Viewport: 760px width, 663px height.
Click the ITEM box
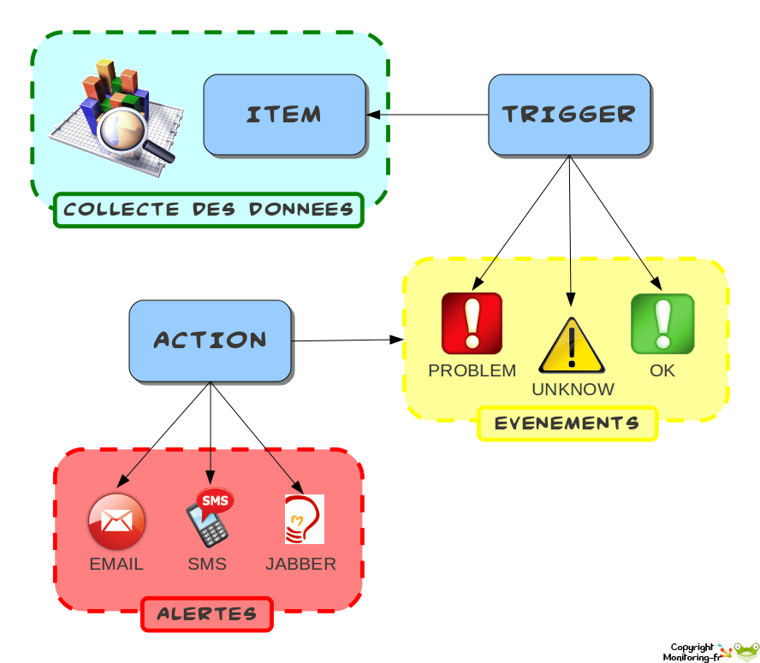[x=284, y=115]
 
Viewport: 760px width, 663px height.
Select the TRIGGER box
[x=569, y=115]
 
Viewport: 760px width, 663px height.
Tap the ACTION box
[x=211, y=340]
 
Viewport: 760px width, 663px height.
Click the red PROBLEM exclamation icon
[x=472, y=323]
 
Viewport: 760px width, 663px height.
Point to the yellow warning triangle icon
[x=571, y=346]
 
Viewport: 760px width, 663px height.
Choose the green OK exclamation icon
[x=662, y=323]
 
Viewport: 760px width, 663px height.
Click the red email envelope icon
[x=116, y=521]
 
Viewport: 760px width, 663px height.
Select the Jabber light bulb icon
[x=304, y=519]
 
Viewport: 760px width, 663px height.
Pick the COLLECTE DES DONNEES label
[x=209, y=210]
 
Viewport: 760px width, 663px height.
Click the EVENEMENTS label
[x=567, y=423]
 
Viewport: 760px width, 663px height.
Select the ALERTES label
[x=206, y=614]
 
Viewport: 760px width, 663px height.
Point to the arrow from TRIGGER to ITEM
[x=428, y=115]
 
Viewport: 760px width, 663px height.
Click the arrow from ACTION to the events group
[x=347, y=340]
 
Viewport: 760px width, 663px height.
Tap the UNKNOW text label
[x=573, y=389]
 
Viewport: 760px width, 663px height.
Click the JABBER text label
[x=300, y=565]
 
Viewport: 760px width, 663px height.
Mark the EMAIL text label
[x=116, y=565]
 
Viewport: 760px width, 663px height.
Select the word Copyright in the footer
[x=692, y=647]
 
